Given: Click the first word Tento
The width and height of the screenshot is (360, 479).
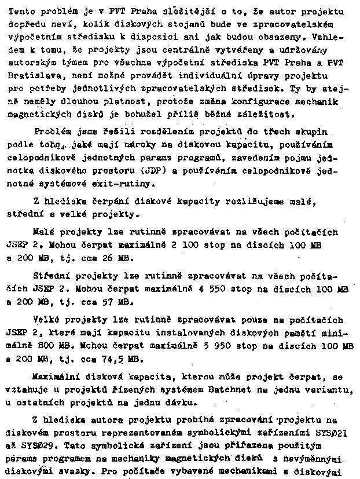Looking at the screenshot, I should [x=24, y=11].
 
